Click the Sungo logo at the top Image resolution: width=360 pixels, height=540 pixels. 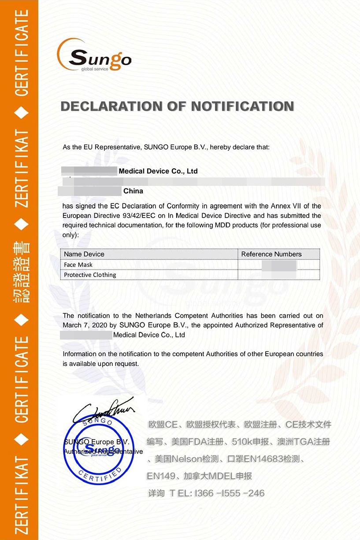(94, 56)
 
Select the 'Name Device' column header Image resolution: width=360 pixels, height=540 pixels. (84, 254)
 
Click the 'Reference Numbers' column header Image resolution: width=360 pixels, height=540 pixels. (271, 254)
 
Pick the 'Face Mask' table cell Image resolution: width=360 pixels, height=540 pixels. (78, 265)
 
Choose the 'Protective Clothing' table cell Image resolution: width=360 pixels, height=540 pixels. (90, 275)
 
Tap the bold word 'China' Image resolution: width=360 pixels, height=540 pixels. (133, 191)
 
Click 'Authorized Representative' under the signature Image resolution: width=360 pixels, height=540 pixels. (103, 452)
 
